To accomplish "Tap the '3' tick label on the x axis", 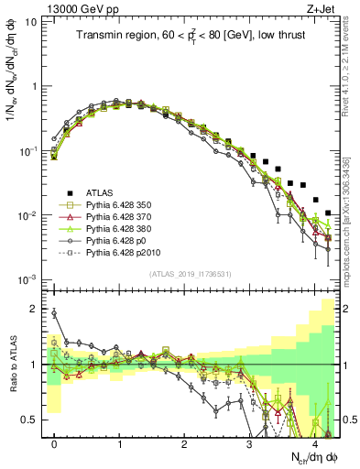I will coord(249,443).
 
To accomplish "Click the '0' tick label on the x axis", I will coord(54,443).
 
